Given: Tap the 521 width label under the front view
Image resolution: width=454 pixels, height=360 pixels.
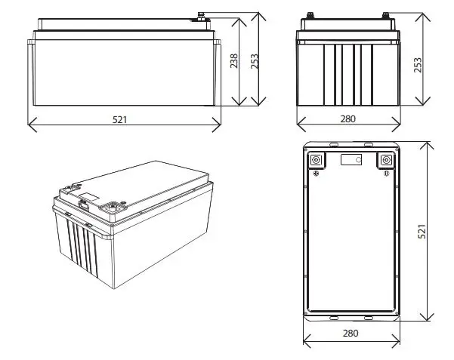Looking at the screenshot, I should pos(120,119).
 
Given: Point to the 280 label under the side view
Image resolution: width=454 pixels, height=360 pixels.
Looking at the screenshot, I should pos(347,119).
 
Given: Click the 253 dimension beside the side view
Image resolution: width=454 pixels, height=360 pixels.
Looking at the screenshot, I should pos(417,65).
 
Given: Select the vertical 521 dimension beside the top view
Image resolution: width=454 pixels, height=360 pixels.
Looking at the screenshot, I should pos(422,230).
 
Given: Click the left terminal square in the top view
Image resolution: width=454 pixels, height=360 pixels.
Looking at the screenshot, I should pos(315,160).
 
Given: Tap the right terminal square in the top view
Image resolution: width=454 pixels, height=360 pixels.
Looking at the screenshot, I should pos(386,160).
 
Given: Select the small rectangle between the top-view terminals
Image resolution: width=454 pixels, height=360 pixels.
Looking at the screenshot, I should pos(351,160).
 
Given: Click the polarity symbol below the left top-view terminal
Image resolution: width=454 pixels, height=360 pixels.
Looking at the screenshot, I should pos(317,174).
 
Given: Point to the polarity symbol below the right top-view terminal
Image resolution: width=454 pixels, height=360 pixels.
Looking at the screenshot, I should pos(385,174).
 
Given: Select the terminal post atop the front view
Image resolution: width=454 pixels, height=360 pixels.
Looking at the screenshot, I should pos(202,15).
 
